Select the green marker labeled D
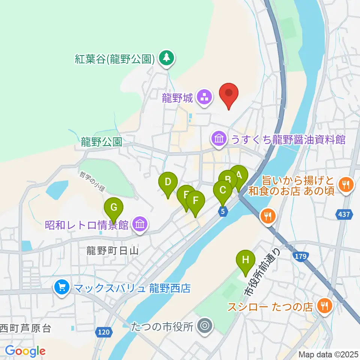(168, 182)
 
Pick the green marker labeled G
(114, 207)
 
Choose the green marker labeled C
(223, 190)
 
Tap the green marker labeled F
(195, 201)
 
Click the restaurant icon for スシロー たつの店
(323, 306)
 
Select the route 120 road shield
(105, 332)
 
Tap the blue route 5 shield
(223, 211)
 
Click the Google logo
(25, 351)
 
